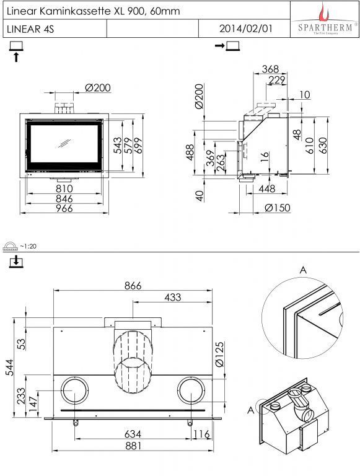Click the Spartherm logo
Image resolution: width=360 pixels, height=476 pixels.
(325, 20)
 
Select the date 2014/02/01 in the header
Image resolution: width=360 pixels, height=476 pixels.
(246, 29)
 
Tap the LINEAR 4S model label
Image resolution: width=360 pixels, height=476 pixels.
(30, 29)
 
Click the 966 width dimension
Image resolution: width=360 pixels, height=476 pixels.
(64, 208)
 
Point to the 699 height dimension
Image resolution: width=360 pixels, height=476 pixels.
(138, 146)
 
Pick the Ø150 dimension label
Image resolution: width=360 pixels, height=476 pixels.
(278, 208)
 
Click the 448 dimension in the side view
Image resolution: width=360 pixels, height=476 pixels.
(267, 189)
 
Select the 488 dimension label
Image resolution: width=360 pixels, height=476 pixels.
(190, 152)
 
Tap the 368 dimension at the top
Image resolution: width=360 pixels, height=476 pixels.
(270, 69)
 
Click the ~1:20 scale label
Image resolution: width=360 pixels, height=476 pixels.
(28, 246)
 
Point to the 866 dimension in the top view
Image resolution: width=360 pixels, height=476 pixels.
(133, 286)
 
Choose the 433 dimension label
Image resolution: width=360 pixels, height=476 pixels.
(173, 297)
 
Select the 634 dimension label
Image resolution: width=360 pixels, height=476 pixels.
(133, 434)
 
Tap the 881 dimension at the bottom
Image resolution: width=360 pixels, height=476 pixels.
(133, 446)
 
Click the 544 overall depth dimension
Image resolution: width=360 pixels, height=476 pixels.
(10, 368)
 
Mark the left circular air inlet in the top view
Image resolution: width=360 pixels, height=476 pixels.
(75, 390)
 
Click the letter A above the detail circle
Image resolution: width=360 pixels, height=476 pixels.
(303, 270)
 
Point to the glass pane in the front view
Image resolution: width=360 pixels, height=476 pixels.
(64, 144)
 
